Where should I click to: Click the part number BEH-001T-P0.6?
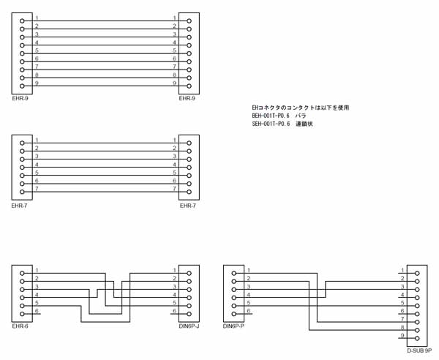pyautogui.click(x=271, y=116)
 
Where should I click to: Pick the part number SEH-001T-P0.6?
pyautogui.click(x=271, y=124)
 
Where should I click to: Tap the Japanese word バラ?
pyautogui.click(x=301, y=116)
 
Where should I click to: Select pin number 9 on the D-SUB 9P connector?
pyautogui.click(x=402, y=335)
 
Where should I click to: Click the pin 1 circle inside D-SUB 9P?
pyautogui.click(x=416, y=271)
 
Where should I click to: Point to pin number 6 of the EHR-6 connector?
pyautogui.click(x=37, y=310)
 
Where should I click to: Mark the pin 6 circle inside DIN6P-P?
pyautogui.click(x=233, y=312)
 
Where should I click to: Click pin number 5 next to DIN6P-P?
pyautogui.click(x=249, y=302)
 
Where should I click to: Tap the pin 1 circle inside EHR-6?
pyautogui.click(x=22, y=271)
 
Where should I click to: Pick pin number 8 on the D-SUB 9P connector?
pyautogui.click(x=402, y=327)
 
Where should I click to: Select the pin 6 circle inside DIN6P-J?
pyautogui.click(x=189, y=312)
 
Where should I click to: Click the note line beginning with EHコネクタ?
pyautogui.click(x=300, y=108)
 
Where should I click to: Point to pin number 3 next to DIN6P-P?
pyautogui.click(x=249, y=286)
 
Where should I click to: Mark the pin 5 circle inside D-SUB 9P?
pyautogui.click(x=416, y=304)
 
